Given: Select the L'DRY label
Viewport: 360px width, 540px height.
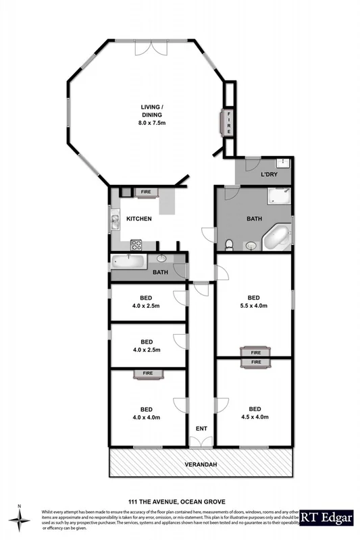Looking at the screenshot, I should pyautogui.click(x=269, y=175).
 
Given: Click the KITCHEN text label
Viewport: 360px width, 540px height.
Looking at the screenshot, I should pyautogui.click(x=138, y=219).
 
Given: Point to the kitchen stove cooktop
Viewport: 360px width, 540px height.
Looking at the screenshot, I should pyautogui.click(x=135, y=244).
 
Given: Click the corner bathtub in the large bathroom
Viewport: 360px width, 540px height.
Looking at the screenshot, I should pyautogui.click(x=276, y=237).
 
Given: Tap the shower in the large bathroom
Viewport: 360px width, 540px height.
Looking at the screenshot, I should pyautogui.click(x=278, y=196).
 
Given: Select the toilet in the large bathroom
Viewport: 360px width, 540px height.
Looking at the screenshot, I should pyautogui.click(x=230, y=244).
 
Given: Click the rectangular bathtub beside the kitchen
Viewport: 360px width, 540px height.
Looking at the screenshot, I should pyautogui.click(x=130, y=261).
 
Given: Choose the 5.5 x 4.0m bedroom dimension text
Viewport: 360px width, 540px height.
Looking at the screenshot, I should pyautogui.click(x=254, y=306).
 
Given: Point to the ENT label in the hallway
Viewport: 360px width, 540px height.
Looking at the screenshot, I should pyautogui.click(x=201, y=428).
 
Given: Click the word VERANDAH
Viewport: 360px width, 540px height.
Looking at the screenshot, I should pyautogui.click(x=201, y=466).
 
